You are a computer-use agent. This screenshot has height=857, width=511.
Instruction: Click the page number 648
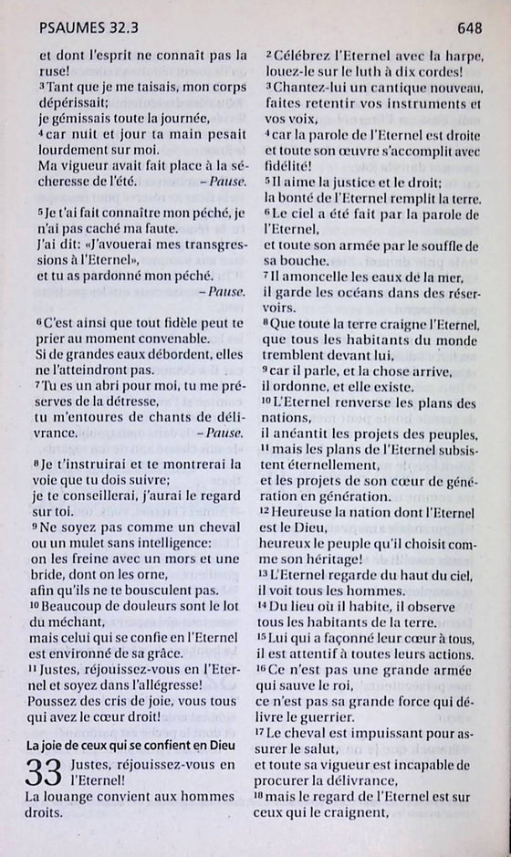(x=470, y=29)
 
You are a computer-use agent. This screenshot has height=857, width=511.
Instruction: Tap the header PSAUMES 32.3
(x=78, y=29)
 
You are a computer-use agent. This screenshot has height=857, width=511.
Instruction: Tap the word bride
(x=54, y=574)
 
